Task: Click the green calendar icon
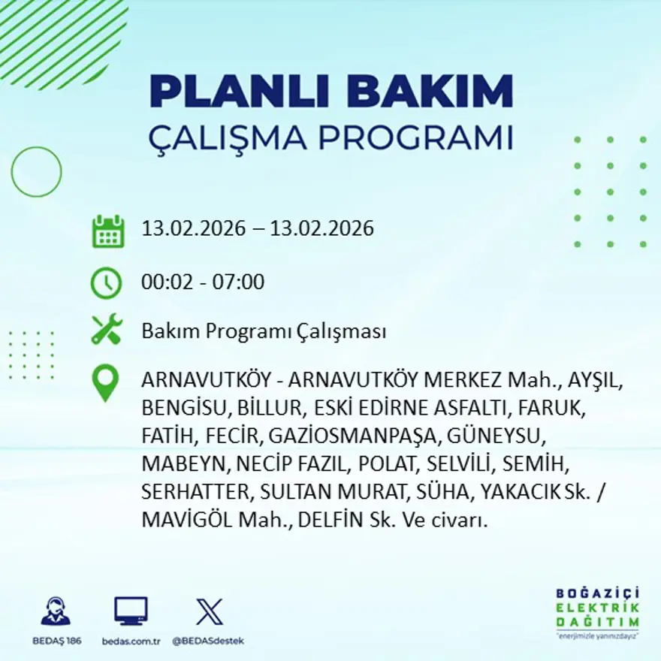107,231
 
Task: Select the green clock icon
106,283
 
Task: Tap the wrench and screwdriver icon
106,330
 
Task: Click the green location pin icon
105,382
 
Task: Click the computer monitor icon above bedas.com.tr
131,611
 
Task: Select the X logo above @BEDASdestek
209,611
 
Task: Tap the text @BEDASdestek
208,641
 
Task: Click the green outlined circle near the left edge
36,172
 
